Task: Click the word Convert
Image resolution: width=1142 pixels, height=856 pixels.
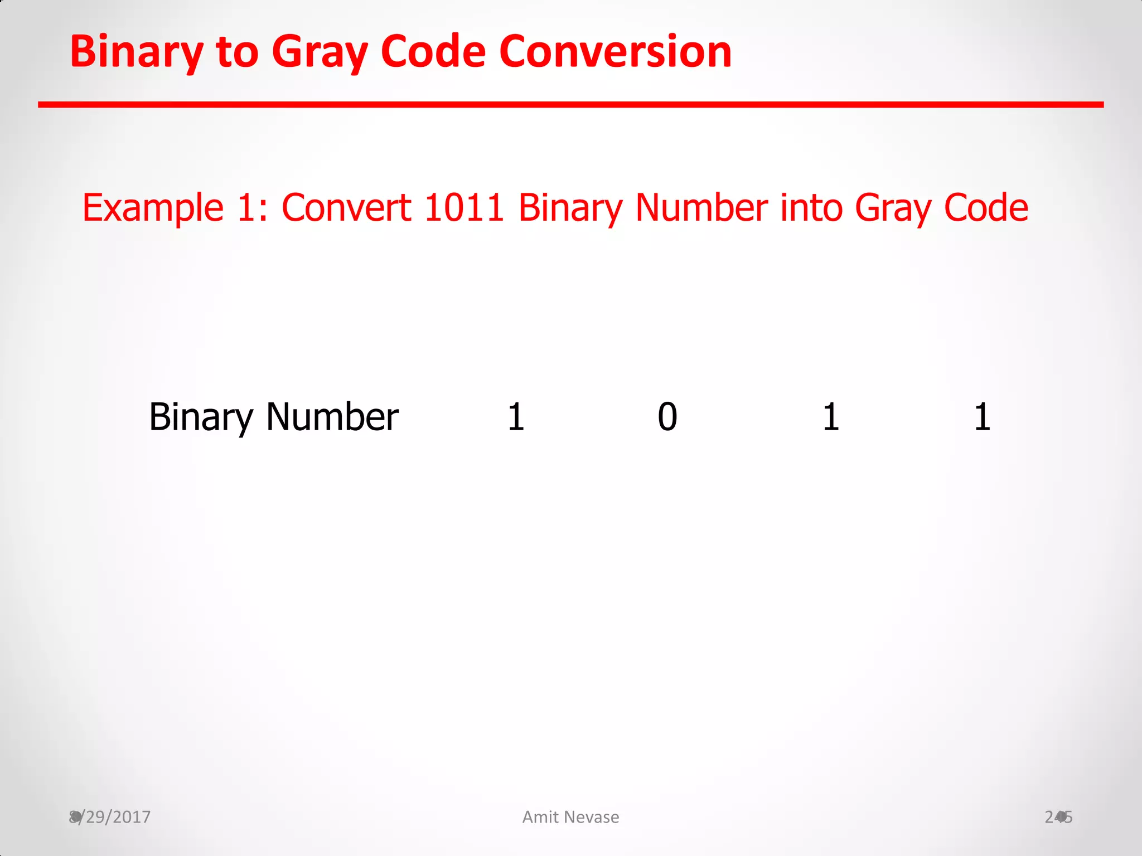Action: [x=346, y=208]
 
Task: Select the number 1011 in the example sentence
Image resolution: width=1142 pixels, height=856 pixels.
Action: [x=464, y=208]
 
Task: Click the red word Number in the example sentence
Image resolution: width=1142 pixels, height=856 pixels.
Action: [x=701, y=208]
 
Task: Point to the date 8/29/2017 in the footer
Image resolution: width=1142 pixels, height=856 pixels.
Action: [x=110, y=817]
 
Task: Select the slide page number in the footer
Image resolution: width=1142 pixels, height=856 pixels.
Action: [x=1058, y=817]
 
